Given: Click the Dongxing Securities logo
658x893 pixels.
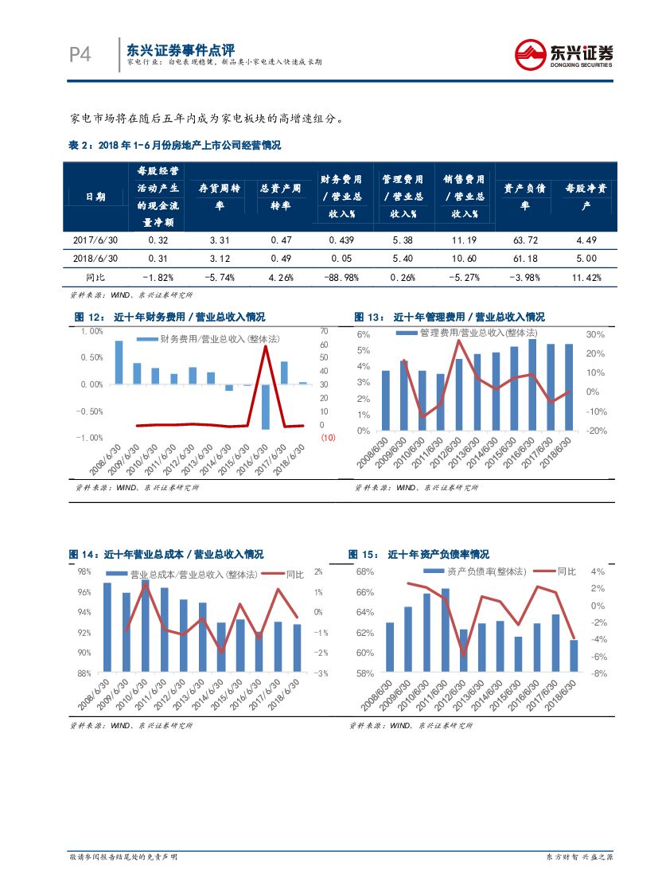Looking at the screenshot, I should (x=563, y=55).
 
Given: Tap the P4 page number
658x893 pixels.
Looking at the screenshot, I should (x=80, y=54).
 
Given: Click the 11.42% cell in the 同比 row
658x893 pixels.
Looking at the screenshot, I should (x=585, y=277).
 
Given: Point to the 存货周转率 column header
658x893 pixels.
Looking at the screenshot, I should (x=219, y=197).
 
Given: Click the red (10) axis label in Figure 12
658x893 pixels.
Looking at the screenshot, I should (x=328, y=439).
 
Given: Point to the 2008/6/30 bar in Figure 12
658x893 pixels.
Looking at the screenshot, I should (x=119, y=362).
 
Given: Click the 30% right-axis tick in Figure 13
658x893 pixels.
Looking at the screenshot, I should (x=595, y=334).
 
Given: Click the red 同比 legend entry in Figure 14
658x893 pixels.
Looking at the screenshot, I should (x=284, y=574).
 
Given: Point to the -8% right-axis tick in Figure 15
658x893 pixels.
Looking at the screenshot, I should (x=600, y=673).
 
